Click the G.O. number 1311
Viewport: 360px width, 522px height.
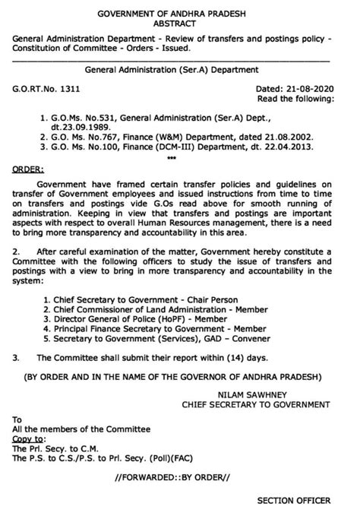(x=68, y=89)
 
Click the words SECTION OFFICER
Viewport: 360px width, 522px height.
(x=294, y=500)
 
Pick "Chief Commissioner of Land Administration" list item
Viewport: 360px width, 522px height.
(x=141, y=321)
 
